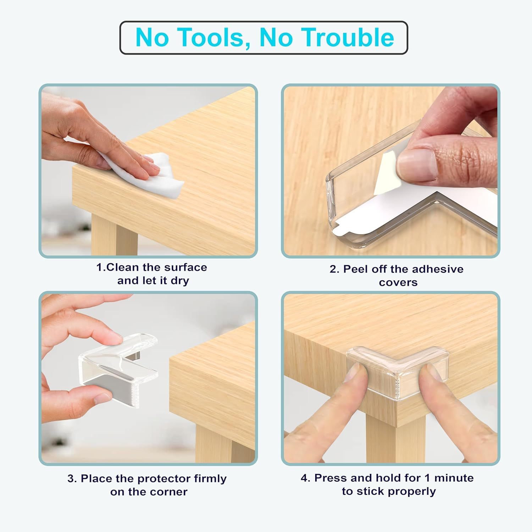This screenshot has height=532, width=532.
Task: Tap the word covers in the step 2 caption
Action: (398, 282)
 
